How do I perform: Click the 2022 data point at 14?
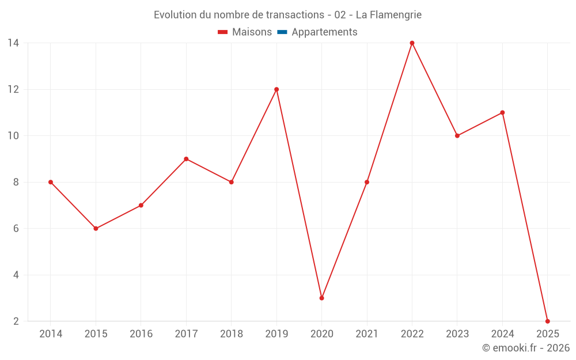click(412, 43)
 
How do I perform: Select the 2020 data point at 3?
click(321, 298)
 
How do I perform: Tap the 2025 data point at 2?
click(547, 321)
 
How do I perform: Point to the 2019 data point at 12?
click(276, 89)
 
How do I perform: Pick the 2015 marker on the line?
click(96, 229)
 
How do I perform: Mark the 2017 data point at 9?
click(186, 159)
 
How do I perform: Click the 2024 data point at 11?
click(502, 113)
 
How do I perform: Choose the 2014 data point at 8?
click(51, 182)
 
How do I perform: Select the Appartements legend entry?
click(324, 32)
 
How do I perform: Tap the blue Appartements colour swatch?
click(282, 32)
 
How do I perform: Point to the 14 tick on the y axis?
click(13, 43)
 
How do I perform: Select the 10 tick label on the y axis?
click(13, 136)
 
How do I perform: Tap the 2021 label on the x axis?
click(367, 334)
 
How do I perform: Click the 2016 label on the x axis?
click(141, 334)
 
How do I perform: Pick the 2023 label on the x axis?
click(457, 334)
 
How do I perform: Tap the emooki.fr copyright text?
click(526, 348)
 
